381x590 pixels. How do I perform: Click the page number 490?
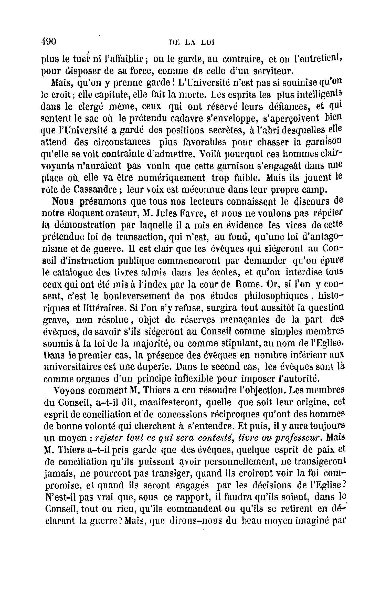click(48, 41)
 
